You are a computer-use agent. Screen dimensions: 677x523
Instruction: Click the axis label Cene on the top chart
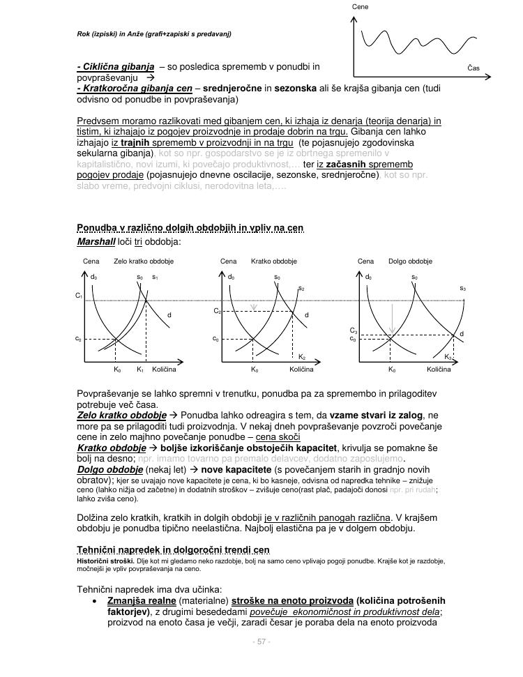(x=360, y=6)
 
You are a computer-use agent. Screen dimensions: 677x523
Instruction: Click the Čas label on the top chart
(x=473, y=68)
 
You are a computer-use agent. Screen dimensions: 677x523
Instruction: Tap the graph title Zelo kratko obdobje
(x=144, y=261)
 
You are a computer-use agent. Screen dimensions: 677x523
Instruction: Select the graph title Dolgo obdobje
(x=410, y=261)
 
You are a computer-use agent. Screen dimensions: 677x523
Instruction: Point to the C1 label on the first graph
(x=79, y=296)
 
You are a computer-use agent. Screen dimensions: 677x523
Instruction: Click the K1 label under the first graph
(x=140, y=370)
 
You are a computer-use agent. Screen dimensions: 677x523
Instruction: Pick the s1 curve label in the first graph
(x=155, y=277)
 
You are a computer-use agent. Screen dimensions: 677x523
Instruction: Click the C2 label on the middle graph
(x=217, y=310)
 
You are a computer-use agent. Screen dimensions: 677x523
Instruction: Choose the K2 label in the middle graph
(x=302, y=356)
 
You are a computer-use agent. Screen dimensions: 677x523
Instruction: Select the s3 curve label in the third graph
(x=462, y=288)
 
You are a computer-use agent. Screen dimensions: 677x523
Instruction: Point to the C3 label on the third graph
(x=354, y=330)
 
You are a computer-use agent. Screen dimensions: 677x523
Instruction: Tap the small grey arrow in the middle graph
(x=254, y=305)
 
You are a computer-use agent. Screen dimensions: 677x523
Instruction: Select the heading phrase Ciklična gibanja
(x=115, y=67)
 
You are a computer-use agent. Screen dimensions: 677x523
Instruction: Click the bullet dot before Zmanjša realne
(x=95, y=601)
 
